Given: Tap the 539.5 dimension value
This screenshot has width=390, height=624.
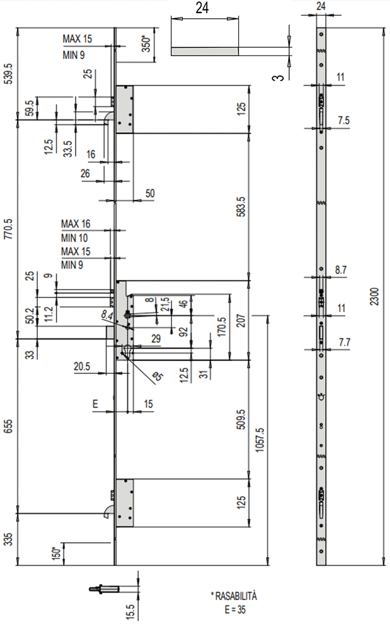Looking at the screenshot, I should tap(9, 72).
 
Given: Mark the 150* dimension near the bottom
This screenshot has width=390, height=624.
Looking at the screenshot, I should tap(57, 554).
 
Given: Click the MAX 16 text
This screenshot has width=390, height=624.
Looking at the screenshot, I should tap(76, 224).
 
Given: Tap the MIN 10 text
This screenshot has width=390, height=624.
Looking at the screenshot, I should tap(75, 238).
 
